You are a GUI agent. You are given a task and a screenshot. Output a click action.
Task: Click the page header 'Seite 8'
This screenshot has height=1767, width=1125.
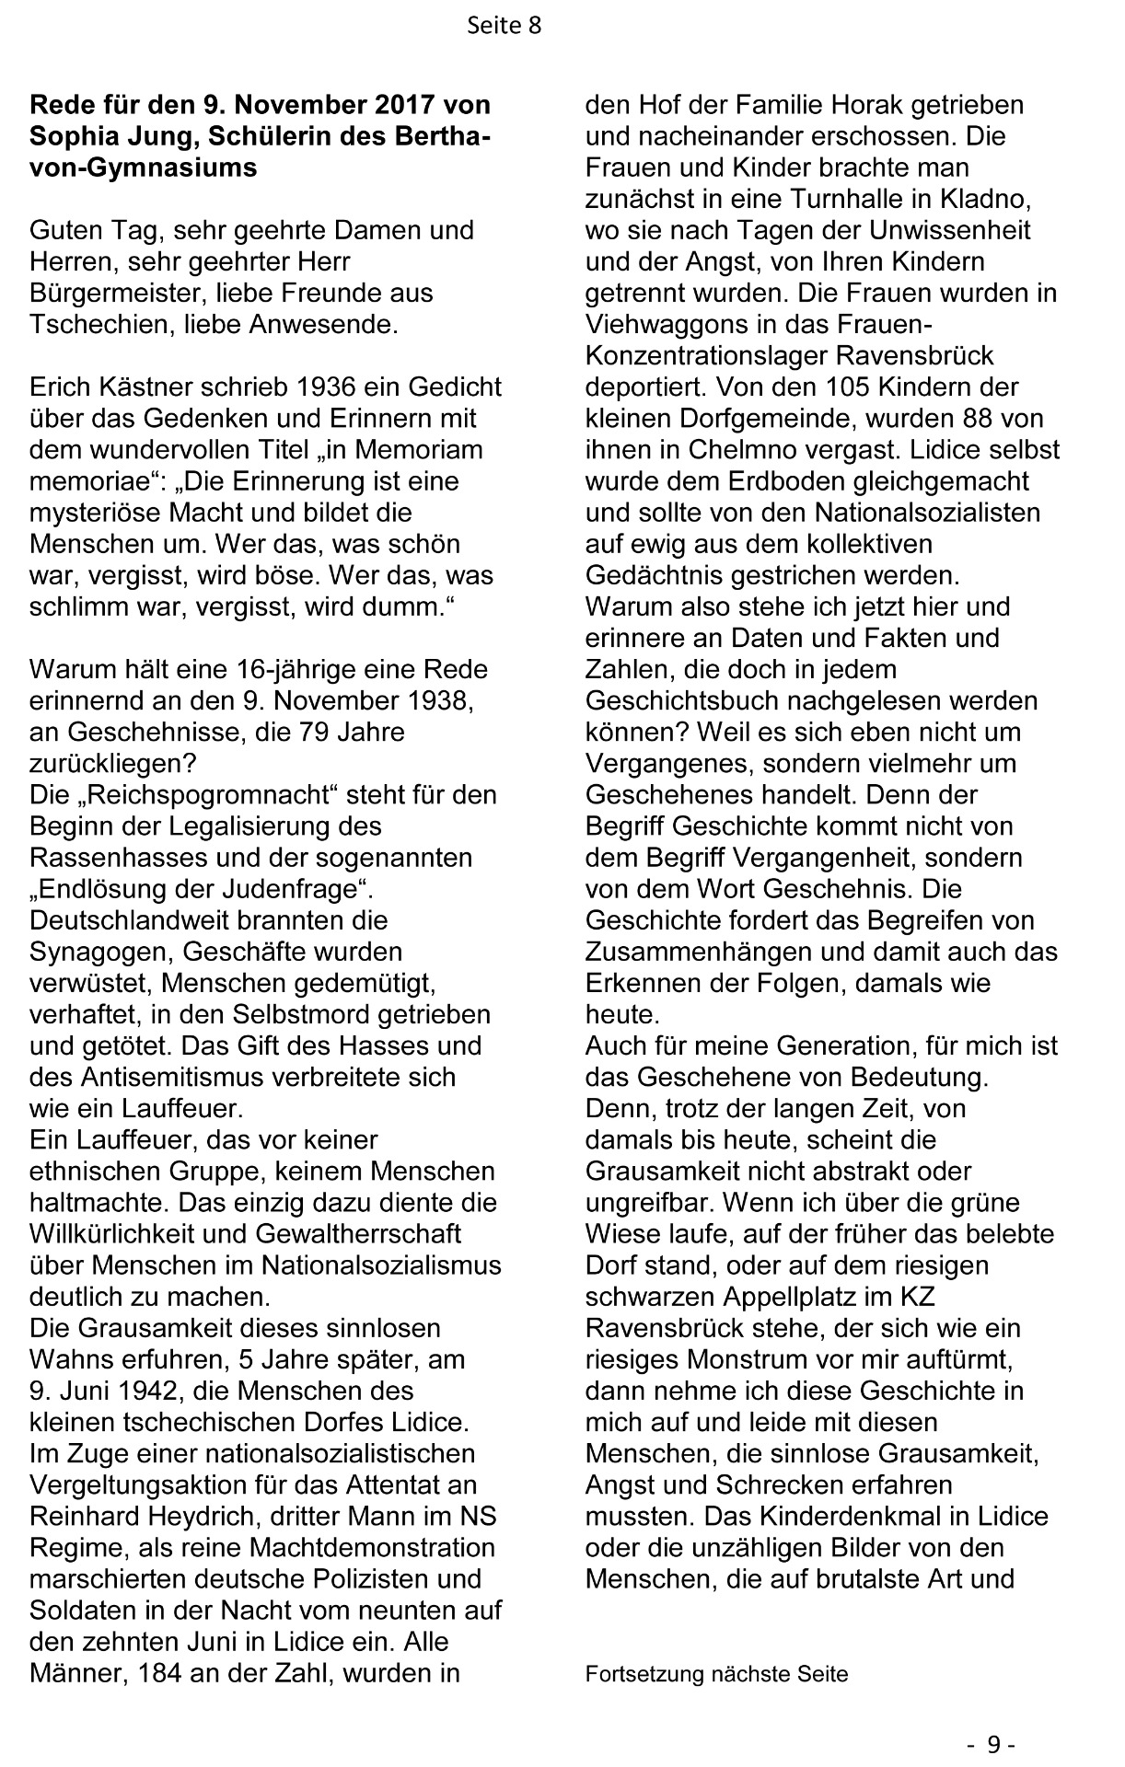pos(504,27)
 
